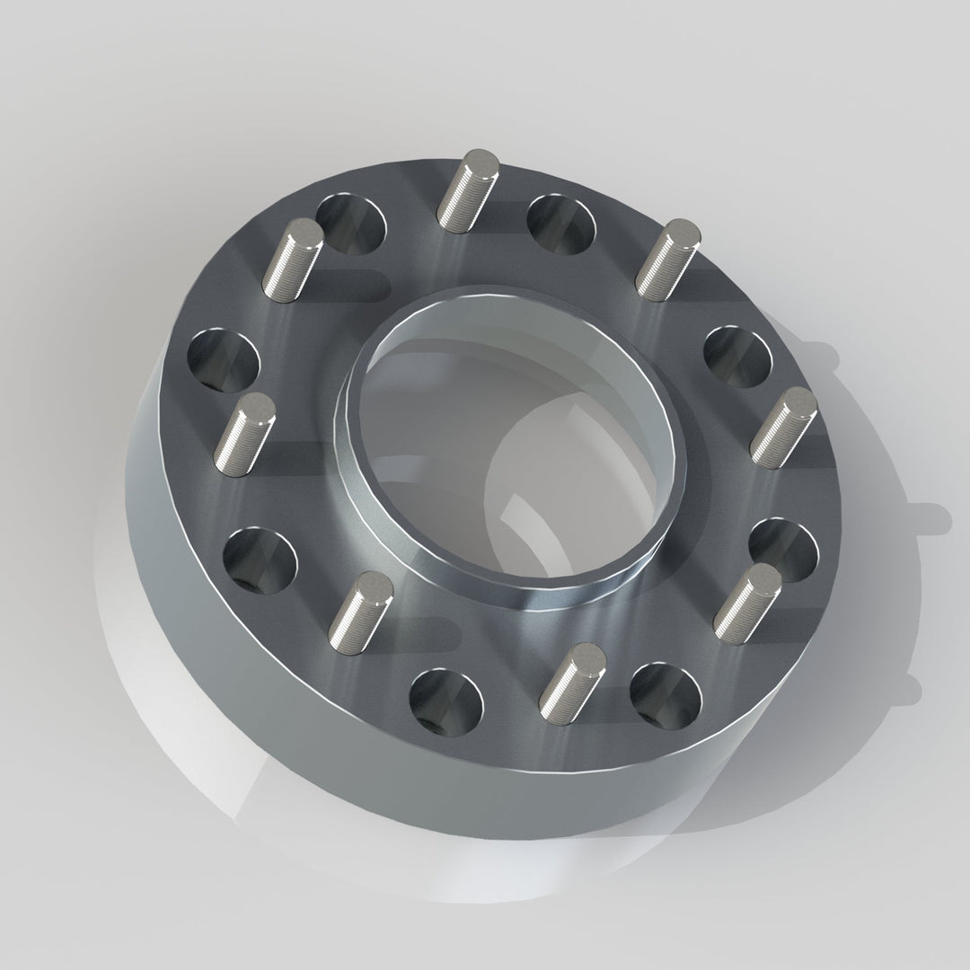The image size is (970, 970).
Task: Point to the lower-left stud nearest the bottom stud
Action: pos(361,613)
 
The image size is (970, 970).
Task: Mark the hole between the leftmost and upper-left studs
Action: pos(224,360)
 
